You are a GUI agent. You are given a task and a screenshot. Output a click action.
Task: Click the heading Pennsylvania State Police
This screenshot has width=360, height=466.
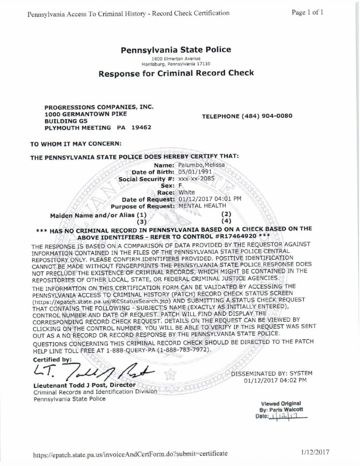(x=176, y=50)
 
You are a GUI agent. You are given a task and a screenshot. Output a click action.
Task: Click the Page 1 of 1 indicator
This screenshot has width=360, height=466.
(x=308, y=12)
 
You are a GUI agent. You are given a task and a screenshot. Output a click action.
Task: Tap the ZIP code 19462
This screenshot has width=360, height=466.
(x=141, y=128)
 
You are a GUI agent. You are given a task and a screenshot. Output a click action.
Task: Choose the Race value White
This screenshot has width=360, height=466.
(x=187, y=192)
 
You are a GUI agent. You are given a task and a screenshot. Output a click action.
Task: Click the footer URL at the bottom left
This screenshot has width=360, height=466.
(x=127, y=454)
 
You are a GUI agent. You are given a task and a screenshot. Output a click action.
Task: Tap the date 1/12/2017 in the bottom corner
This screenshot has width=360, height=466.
(x=314, y=453)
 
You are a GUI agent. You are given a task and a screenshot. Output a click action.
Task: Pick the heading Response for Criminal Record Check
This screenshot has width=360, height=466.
(x=176, y=73)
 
